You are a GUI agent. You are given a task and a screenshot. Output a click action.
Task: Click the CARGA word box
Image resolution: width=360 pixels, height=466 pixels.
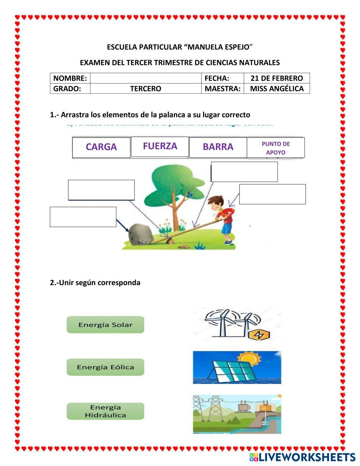pos(101,147)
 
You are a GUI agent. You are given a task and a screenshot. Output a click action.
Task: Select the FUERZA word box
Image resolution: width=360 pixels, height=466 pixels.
pos(160,146)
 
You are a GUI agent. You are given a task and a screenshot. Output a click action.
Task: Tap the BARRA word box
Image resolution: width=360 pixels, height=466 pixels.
pos(218,147)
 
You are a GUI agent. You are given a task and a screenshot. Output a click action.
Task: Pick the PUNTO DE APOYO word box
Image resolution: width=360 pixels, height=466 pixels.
pos(275,148)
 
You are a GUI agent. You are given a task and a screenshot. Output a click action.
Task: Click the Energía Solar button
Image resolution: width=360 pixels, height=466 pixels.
pos(105,324)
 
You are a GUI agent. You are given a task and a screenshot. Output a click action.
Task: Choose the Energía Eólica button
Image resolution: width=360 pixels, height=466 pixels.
pos(105,367)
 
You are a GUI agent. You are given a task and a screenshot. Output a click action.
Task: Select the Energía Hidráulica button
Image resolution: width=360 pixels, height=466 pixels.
pos(105,411)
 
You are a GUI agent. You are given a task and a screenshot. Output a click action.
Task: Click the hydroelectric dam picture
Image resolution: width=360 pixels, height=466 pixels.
pos(237,414)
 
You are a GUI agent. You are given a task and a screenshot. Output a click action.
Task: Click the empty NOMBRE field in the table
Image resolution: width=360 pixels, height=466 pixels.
pos(145,78)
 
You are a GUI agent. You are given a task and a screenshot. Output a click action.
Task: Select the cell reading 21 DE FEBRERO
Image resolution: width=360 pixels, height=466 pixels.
pos(276,78)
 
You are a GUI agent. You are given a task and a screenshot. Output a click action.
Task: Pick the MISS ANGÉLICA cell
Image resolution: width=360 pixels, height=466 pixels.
pos(276,89)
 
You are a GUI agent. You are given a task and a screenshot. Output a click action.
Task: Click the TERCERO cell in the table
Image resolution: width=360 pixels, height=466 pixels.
pos(145,89)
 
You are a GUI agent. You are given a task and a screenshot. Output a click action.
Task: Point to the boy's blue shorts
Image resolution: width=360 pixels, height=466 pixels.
pos(227,228)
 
